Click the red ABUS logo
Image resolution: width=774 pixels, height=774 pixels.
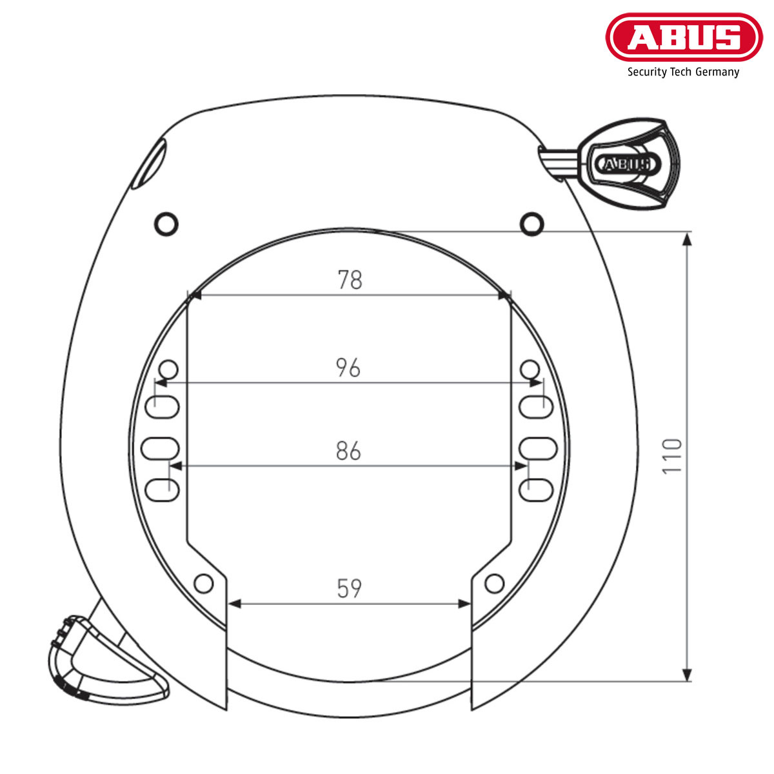click(684, 37)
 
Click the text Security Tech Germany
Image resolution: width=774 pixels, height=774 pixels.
click(683, 72)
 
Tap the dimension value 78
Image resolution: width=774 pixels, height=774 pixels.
click(350, 280)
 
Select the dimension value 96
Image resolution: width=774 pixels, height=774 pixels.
click(348, 368)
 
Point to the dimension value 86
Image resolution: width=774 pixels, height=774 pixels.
click(348, 451)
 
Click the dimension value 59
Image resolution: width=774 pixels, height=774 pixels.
click(350, 588)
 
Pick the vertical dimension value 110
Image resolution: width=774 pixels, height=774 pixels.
click(672, 455)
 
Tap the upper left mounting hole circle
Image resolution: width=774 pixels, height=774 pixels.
click(166, 223)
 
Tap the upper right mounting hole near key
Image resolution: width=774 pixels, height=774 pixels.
click(531, 223)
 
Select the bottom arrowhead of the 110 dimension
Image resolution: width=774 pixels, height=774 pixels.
click(688, 673)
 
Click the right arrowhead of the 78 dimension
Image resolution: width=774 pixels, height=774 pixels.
click(504, 295)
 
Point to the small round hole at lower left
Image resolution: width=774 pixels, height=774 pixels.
click(204, 584)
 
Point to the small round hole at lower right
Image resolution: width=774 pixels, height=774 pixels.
click(494, 584)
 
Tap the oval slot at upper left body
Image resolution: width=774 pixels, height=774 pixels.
click(150, 164)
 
